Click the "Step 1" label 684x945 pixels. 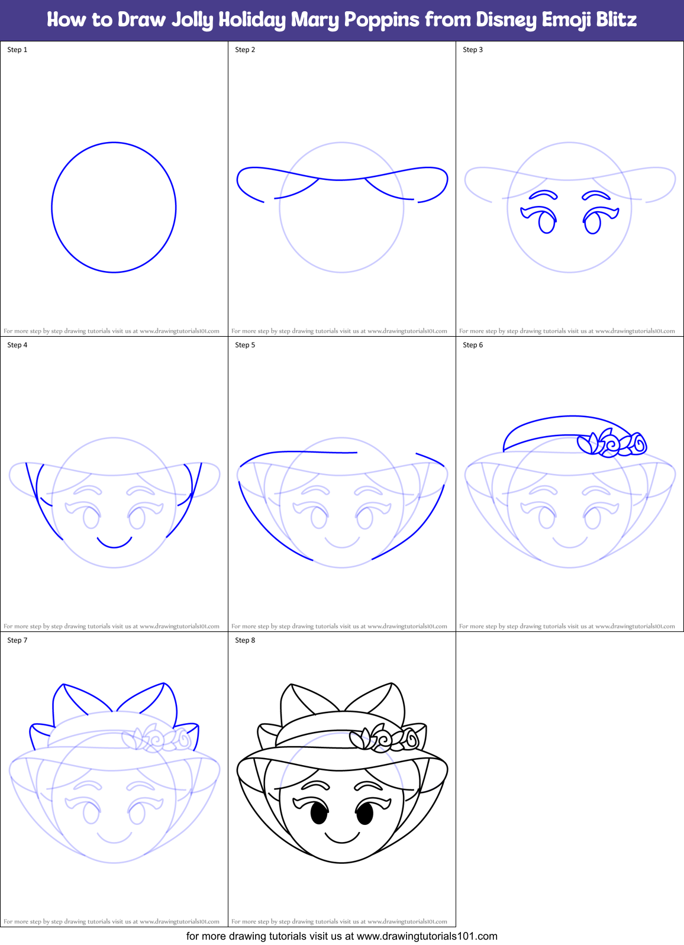[17, 50]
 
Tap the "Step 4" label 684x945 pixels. [17, 345]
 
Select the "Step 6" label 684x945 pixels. [473, 345]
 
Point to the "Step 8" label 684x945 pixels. [245, 640]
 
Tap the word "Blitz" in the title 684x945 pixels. [617, 20]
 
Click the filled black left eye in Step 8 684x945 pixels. [319, 814]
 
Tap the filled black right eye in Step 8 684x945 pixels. [365, 814]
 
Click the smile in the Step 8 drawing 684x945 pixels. [342, 838]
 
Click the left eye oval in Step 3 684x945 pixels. [547, 222]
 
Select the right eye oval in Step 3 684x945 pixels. [592, 222]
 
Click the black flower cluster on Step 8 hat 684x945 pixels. [385, 739]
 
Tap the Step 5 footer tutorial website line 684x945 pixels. [339, 626]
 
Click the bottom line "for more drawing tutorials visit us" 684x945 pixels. [341, 936]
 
